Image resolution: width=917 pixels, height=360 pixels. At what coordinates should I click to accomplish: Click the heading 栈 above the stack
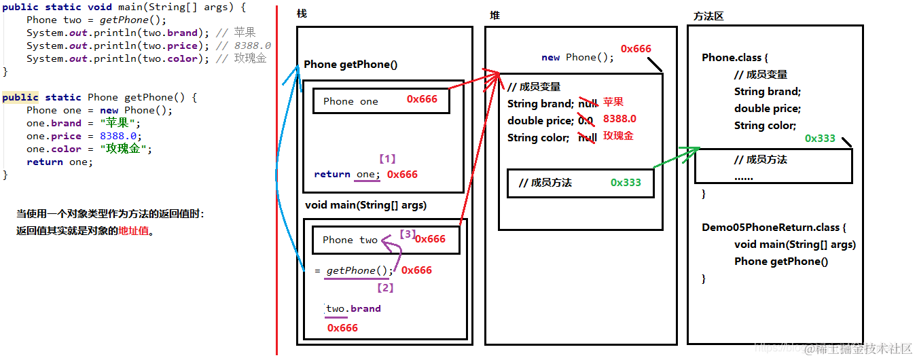pyautogui.click(x=302, y=14)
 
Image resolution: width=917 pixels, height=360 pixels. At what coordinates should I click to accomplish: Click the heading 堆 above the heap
pyautogui.click(x=495, y=15)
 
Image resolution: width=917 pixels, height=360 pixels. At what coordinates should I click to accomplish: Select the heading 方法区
pyautogui.click(x=708, y=16)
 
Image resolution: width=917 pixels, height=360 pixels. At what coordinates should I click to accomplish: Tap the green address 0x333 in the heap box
pyautogui.click(x=626, y=182)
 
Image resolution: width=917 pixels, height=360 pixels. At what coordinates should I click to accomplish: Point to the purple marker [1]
pyautogui.click(x=386, y=159)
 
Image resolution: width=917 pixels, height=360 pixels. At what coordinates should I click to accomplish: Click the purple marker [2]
pyautogui.click(x=385, y=287)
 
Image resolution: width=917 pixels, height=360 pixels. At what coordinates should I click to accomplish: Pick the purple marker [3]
pyautogui.click(x=407, y=234)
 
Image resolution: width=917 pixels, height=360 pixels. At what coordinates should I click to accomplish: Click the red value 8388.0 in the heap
pyautogui.click(x=619, y=119)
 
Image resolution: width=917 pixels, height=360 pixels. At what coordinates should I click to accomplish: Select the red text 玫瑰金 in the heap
pyautogui.click(x=618, y=136)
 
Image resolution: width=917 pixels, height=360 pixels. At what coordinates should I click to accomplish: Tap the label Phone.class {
pyautogui.click(x=735, y=58)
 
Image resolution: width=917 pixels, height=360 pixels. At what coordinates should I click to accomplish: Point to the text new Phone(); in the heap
pyautogui.click(x=577, y=58)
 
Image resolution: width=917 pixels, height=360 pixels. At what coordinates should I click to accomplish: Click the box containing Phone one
pyautogui.click(x=380, y=101)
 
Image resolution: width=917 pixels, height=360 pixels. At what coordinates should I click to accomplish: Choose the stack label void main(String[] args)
pyautogui.click(x=366, y=204)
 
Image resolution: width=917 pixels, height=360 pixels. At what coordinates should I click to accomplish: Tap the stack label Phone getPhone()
pyautogui.click(x=350, y=65)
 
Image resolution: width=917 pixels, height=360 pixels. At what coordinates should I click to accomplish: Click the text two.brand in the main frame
pyautogui.click(x=353, y=308)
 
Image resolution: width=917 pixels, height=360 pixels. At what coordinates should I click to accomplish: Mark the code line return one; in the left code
pyautogui.click(x=60, y=162)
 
